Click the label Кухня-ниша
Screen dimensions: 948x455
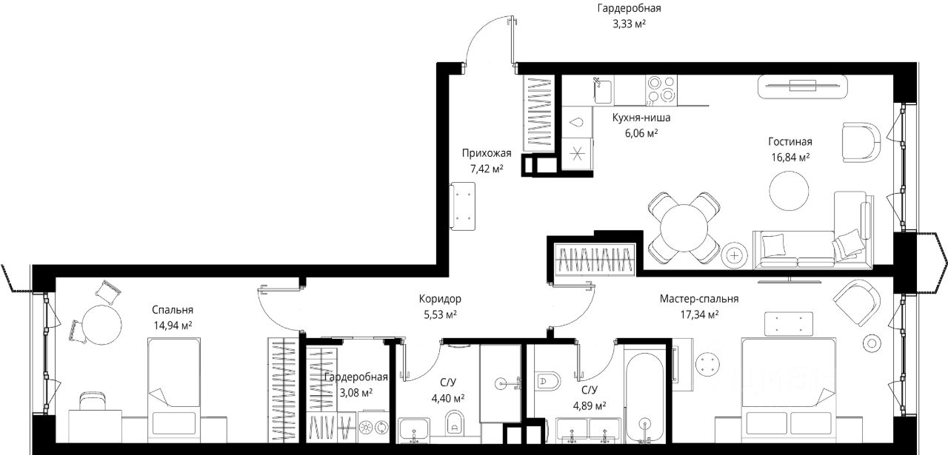(641, 118)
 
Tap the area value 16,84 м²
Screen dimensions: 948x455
(790, 158)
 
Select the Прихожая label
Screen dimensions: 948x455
(487, 153)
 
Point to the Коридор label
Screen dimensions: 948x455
(440, 299)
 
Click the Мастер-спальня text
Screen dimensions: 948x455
(699, 299)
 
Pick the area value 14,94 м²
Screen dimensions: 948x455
(173, 326)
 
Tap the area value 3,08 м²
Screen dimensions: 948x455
(356, 393)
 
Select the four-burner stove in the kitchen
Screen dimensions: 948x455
(661, 90)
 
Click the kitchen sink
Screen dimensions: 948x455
(603, 90)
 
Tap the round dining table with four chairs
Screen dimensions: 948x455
(684, 228)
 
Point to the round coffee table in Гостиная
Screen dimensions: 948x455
(789, 191)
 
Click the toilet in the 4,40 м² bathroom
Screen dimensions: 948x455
(455, 422)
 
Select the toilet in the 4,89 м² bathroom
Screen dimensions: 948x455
(547, 382)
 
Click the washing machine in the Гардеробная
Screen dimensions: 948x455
(373, 426)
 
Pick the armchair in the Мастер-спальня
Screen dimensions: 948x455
(857, 302)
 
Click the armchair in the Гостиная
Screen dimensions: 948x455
(861, 142)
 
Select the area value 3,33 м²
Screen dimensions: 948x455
(629, 24)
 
